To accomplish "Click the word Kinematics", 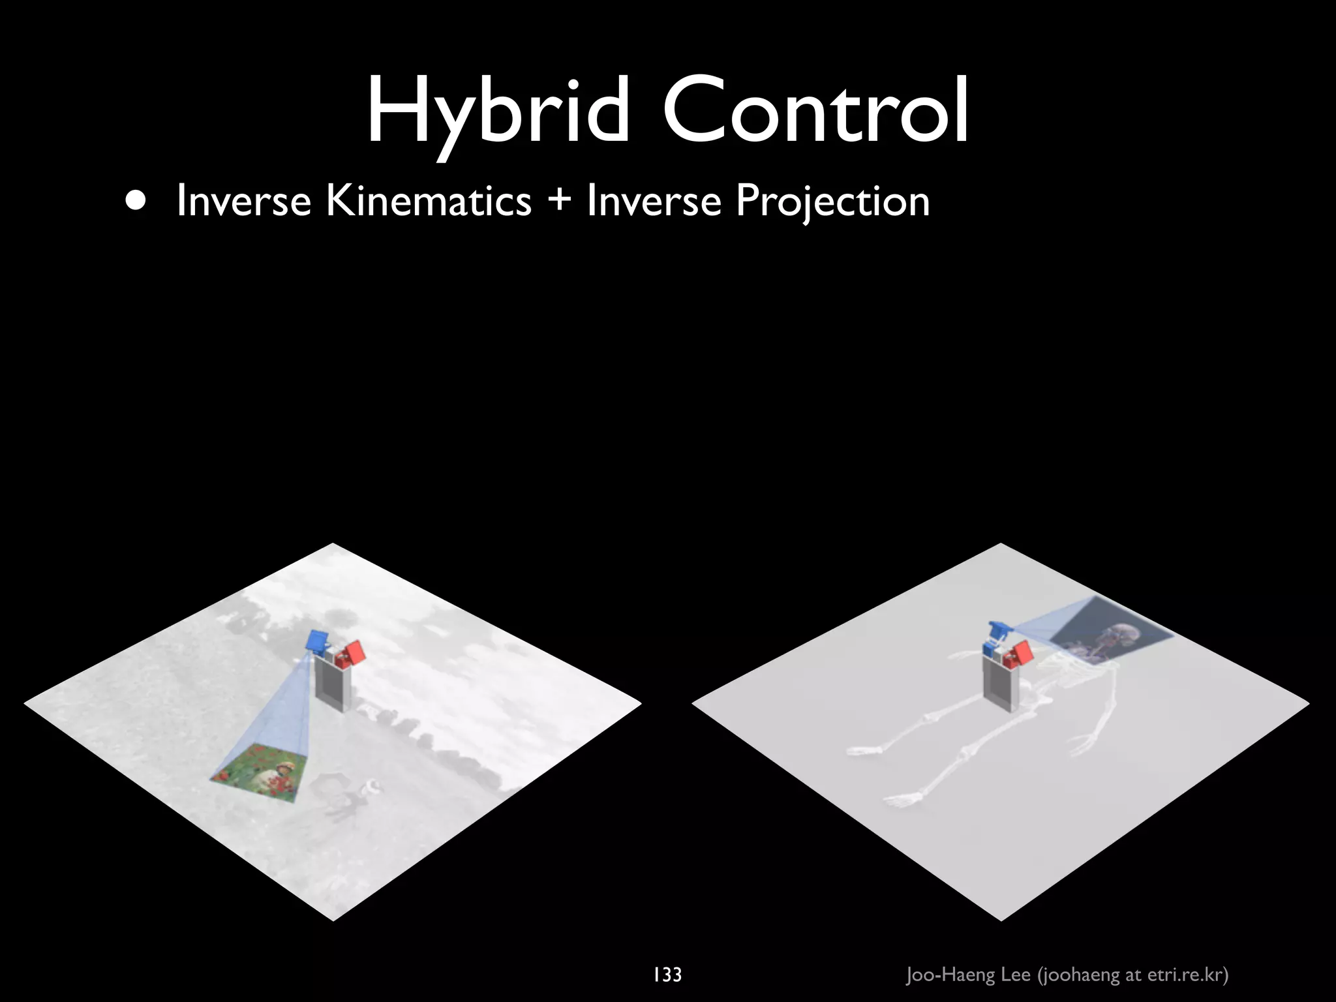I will coord(429,200).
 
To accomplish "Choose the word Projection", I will coord(832,201).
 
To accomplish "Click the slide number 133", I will coord(667,975).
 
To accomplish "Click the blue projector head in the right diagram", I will coord(997,631).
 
